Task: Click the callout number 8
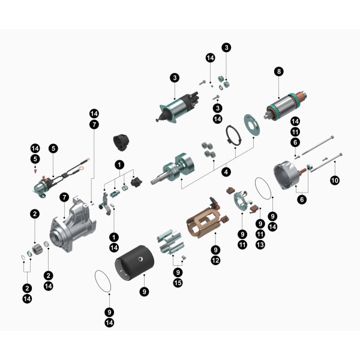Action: (x=278, y=71)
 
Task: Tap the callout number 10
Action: (x=335, y=179)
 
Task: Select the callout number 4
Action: (x=226, y=172)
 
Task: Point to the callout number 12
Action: (x=215, y=260)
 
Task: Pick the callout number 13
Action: (x=260, y=245)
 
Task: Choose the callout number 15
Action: (x=178, y=283)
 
